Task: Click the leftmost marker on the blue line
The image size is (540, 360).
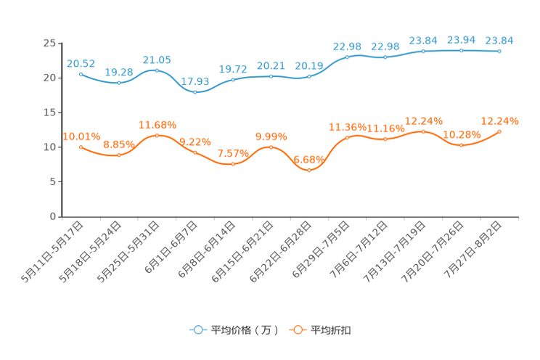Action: [x=81, y=73]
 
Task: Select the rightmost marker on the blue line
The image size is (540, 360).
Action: [x=499, y=51]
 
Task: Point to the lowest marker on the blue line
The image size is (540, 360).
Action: [x=195, y=92]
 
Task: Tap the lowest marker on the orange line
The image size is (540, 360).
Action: [x=309, y=170]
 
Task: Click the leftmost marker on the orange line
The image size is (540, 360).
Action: [x=81, y=147]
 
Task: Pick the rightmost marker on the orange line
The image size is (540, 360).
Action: [x=499, y=131]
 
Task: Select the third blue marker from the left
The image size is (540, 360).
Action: [x=157, y=70]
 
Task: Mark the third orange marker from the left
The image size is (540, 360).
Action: [x=157, y=135]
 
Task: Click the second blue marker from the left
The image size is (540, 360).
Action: [x=118, y=82]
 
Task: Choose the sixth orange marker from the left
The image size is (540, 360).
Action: [x=271, y=147]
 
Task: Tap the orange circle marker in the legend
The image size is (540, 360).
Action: [x=298, y=330]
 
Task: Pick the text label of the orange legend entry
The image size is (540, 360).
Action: [x=332, y=330]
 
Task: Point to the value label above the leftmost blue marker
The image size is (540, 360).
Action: [x=81, y=62]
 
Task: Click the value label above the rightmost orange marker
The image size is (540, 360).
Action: [x=499, y=120]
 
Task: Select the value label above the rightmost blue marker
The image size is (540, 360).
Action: [x=499, y=40]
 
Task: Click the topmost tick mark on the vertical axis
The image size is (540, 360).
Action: [x=60, y=43]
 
